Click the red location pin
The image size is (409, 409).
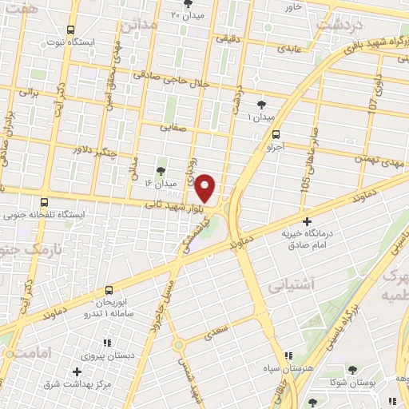coord(206,189)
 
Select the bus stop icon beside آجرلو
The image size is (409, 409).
coord(276,135)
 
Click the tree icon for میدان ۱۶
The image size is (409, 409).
coord(161,170)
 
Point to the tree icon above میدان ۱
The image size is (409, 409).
coord(262,104)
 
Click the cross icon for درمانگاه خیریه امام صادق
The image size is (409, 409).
coord(307,221)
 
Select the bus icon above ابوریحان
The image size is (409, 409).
coord(108,290)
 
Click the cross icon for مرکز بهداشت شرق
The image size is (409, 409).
coord(77,371)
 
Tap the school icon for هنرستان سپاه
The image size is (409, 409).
coord(288,356)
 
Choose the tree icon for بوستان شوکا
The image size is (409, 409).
coord(352,370)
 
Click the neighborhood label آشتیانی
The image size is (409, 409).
coord(292,284)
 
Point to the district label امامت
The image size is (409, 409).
coord(33,352)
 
